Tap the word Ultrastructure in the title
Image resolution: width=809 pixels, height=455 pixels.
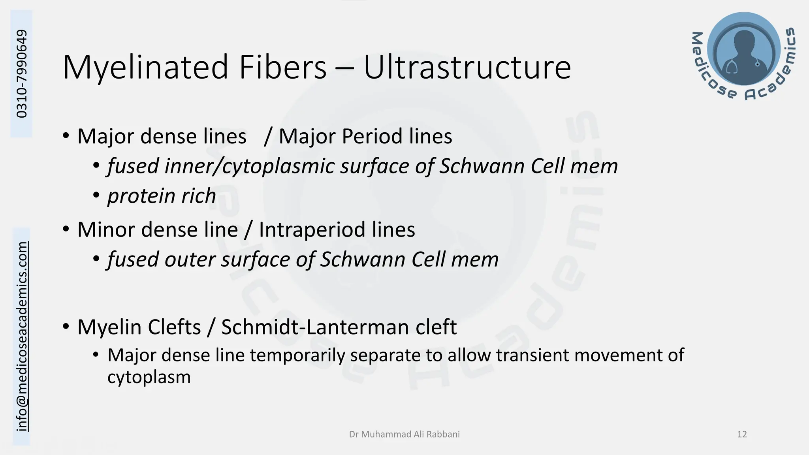(467, 67)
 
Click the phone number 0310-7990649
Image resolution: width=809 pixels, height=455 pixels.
(22, 73)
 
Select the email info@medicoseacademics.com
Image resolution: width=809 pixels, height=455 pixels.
(22, 336)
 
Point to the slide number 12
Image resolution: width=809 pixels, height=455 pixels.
(742, 434)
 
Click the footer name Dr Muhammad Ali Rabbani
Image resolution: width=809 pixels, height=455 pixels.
(404, 434)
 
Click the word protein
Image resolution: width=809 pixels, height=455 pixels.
(141, 196)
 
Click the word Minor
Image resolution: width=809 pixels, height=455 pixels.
(106, 230)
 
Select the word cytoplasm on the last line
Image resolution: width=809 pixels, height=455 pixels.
(149, 378)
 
